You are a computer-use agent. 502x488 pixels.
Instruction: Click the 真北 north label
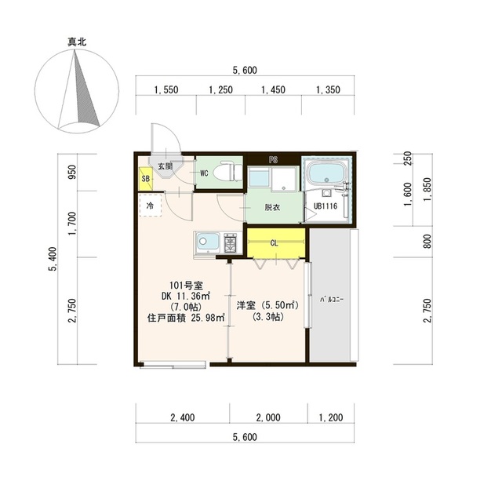pos(77,42)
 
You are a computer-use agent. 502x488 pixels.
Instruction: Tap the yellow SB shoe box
pos(145,179)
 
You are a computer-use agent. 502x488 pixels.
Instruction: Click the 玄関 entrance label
pos(166,166)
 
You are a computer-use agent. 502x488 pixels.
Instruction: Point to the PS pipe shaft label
pos(274,160)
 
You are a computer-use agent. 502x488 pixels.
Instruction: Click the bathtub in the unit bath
pos(326,173)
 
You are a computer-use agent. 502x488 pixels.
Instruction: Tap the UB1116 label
pos(326,206)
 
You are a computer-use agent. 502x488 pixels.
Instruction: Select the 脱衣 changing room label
pos(272,207)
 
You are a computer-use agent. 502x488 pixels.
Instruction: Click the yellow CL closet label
pos(274,243)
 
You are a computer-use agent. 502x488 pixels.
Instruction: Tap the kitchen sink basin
pos(207,241)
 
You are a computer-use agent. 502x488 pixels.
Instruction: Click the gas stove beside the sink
pos(231,243)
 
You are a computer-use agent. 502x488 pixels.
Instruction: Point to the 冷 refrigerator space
pos(150,206)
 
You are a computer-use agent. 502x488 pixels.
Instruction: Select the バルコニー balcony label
pos(331,300)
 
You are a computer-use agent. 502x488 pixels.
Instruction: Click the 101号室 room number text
pos(186,285)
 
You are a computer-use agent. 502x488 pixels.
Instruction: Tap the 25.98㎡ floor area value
pos(207,319)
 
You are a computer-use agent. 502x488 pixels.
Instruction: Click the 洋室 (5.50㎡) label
pos(267,305)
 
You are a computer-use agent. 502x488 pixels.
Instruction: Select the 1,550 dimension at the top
pos(166,90)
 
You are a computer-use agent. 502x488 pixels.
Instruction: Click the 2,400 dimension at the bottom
pos(183,417)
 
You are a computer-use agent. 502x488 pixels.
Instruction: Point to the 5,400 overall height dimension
pos(53,259)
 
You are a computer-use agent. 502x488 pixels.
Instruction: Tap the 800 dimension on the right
pos(427,241)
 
